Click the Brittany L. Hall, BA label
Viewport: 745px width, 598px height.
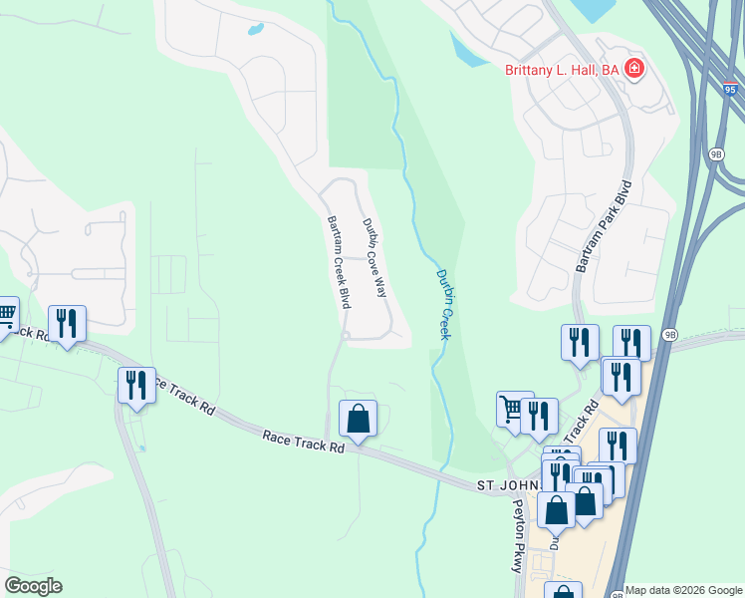click(563, 69)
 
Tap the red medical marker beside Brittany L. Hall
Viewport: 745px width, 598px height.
click(634, 69)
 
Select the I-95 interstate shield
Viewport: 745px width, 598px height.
click(730, 90)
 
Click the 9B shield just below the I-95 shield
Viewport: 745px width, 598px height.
click(715, 154)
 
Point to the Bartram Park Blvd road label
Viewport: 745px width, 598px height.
click(605, 226)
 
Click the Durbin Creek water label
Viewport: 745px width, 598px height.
click(445, 304)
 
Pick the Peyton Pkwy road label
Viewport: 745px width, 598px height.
click(516, 534)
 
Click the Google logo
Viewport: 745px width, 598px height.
click(33, 586)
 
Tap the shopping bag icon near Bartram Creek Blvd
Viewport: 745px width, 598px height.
click(359, 419)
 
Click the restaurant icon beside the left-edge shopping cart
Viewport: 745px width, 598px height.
click(67, 323)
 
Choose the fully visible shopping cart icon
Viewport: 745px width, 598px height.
click(513, 409)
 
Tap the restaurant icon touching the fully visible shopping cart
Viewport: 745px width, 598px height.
click(539, 415)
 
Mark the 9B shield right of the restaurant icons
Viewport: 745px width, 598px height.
click(669, 334)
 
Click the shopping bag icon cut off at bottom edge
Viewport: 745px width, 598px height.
click(563, 592)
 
